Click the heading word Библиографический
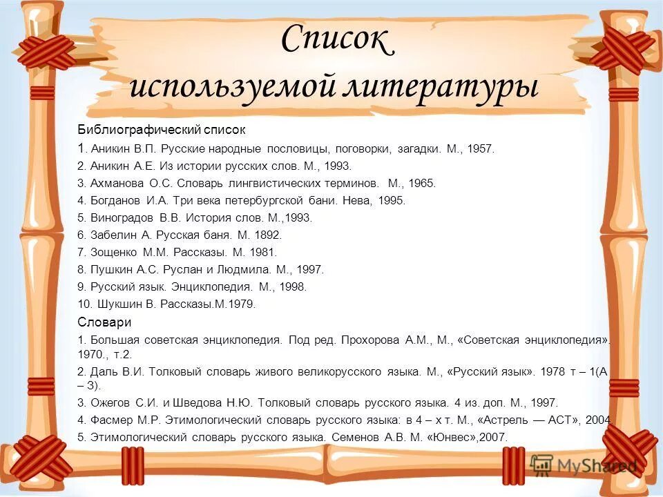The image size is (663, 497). [137, 129]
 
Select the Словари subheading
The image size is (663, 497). [104, 322]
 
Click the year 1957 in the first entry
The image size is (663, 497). [481, 148]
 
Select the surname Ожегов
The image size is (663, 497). [108, 402]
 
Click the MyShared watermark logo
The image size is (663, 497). [584, 466]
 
